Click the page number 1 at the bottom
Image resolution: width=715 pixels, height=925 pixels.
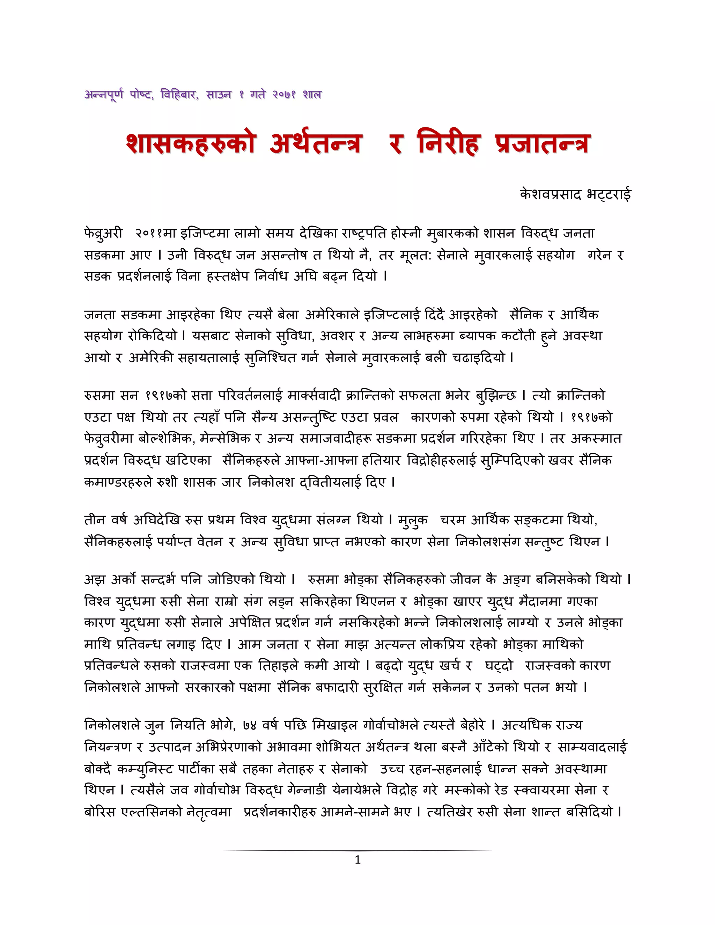[x=357, y=860]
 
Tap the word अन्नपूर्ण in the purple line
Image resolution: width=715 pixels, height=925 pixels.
[x=104, y=95]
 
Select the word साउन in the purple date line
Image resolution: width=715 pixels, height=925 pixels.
[x=219, y=95]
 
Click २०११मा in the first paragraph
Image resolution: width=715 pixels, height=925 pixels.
[x=155, y=234]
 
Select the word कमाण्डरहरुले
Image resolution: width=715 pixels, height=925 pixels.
[x=118, y=482]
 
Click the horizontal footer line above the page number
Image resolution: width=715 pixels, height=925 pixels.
[x=357, y=850]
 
